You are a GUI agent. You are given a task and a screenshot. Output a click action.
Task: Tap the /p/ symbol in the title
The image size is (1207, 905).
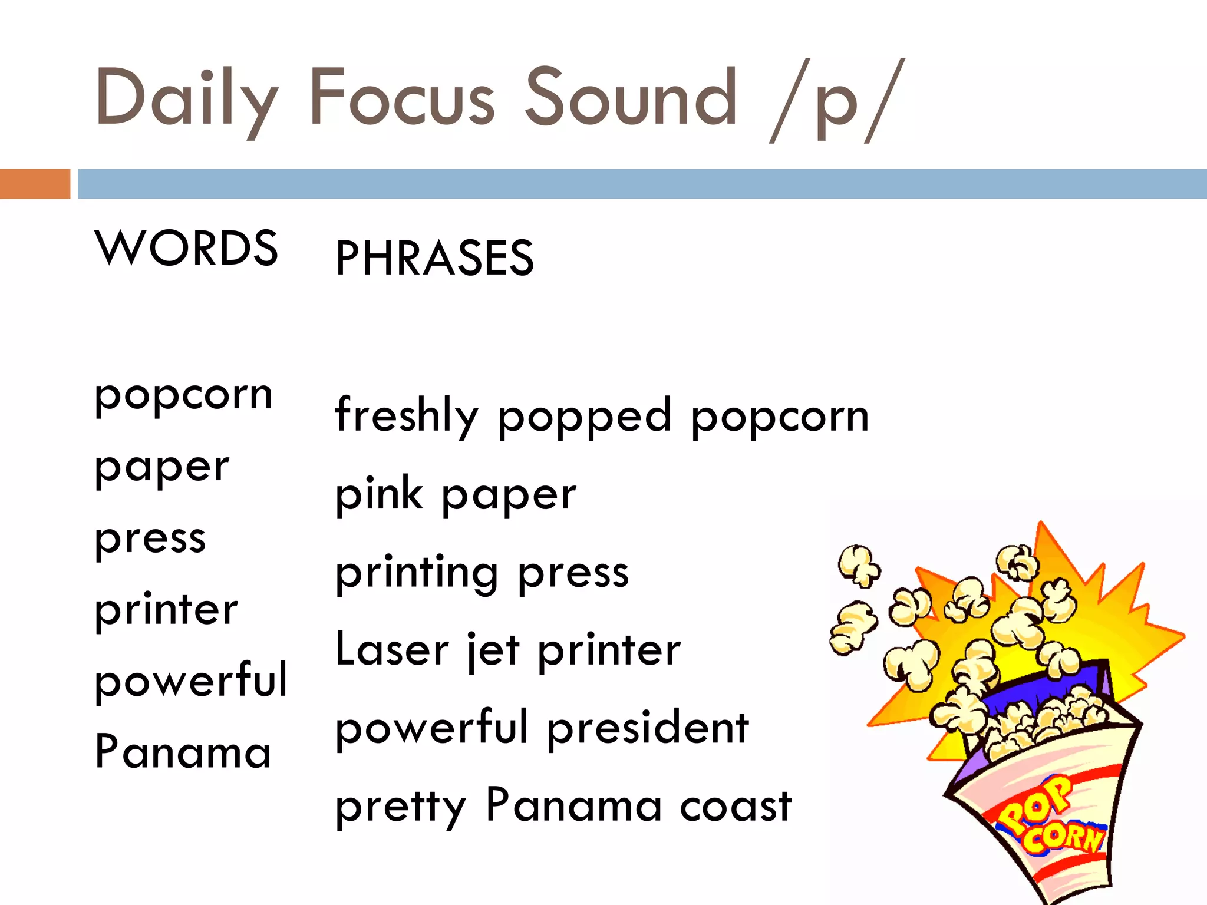[x=837, y=100]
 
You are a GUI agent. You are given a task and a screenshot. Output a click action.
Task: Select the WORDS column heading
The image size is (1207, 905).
[x=186, y=248]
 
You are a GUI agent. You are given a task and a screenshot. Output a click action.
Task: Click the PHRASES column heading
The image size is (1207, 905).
[x=434, y=258]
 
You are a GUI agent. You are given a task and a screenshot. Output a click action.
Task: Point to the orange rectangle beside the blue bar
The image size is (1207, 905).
[x=35, y=184]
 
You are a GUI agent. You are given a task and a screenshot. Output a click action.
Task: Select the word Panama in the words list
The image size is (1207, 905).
[x=183, y=752]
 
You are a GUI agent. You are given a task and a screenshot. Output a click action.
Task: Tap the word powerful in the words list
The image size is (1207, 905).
[x=191, y=681]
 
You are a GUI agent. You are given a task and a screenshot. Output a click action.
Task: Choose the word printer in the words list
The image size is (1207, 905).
[x=166, y=610]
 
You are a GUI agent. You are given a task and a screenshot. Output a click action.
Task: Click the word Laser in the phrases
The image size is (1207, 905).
[x=392, y=649]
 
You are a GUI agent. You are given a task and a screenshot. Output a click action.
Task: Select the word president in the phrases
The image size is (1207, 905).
[x=648, y=728]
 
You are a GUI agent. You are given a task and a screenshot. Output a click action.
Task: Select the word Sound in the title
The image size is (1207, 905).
[x=631, y=97]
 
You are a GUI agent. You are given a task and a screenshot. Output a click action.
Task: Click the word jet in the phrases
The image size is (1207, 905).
[x=494, y=650]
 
